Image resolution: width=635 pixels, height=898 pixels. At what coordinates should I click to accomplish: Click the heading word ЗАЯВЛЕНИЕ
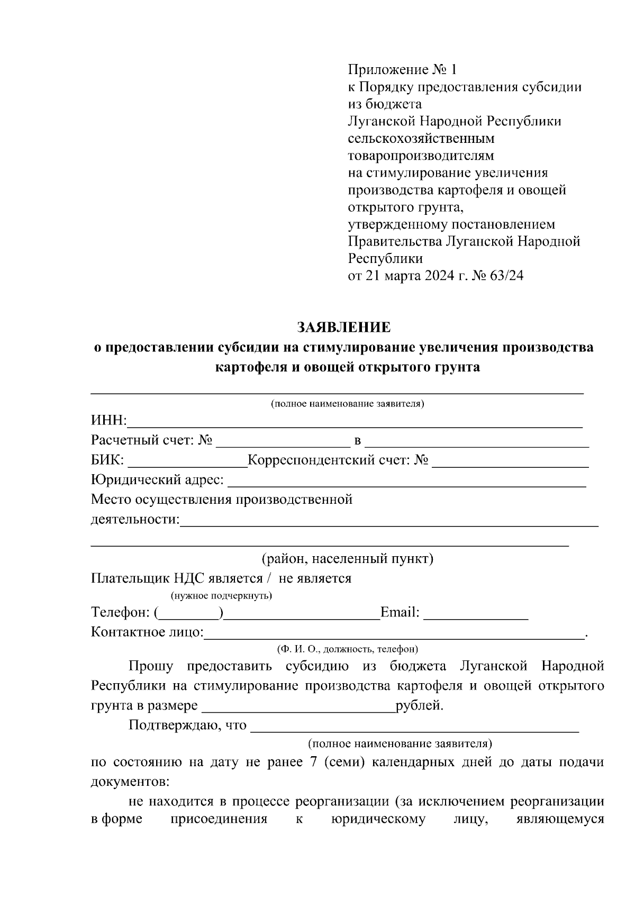[343, 328]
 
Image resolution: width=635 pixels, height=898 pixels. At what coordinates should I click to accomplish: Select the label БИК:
[107, 460]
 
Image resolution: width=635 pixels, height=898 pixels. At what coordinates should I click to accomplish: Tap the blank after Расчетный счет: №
[280, 442]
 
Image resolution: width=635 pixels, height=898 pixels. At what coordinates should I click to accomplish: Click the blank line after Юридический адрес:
[406, 482]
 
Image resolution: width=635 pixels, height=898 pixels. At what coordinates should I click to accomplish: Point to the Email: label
[400, 613]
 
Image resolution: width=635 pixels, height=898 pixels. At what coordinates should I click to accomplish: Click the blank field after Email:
[476, 615]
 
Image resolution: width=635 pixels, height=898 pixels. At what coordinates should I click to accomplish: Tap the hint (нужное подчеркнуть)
[221, 596]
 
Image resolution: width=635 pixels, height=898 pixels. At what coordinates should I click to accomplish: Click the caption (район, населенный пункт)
[347, 559]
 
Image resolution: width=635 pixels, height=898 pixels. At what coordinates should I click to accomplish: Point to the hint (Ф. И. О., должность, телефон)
[347, 649]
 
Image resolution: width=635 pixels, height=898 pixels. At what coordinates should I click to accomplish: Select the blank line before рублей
[299, 708]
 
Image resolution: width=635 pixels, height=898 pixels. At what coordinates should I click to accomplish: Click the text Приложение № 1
[402, 69]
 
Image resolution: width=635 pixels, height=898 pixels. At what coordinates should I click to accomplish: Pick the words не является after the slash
[315, 578]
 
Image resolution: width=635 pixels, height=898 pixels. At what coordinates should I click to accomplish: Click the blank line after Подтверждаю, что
[414, 728]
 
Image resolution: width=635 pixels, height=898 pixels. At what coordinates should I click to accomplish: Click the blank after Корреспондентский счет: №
[510, 463]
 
